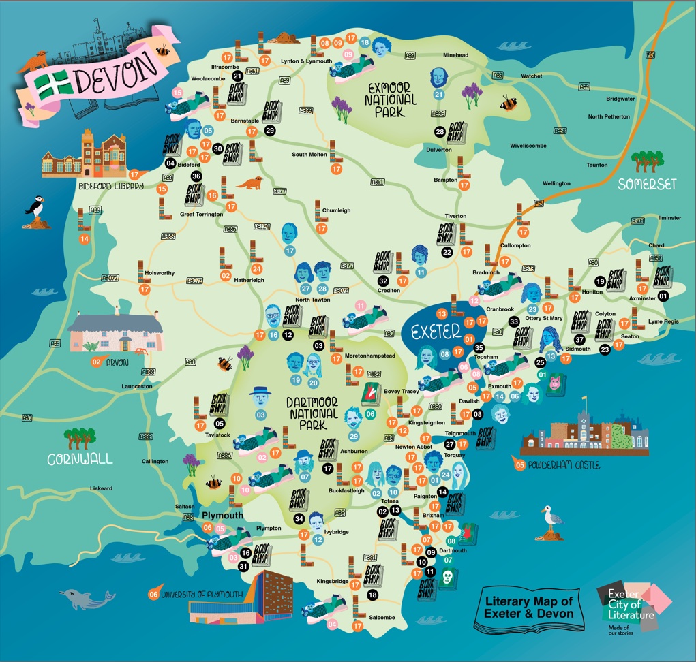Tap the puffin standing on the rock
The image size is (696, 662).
point(35,208)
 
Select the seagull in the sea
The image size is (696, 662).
point(551,523)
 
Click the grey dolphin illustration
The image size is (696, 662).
point(85,599)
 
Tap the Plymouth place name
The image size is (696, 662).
point(223,516)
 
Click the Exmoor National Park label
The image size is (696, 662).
point(392,100)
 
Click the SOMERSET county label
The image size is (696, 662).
point(646,184)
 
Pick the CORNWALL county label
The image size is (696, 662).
point(80,459)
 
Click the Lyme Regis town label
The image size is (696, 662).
point(664,321)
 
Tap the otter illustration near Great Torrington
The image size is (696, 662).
point(249,183)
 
